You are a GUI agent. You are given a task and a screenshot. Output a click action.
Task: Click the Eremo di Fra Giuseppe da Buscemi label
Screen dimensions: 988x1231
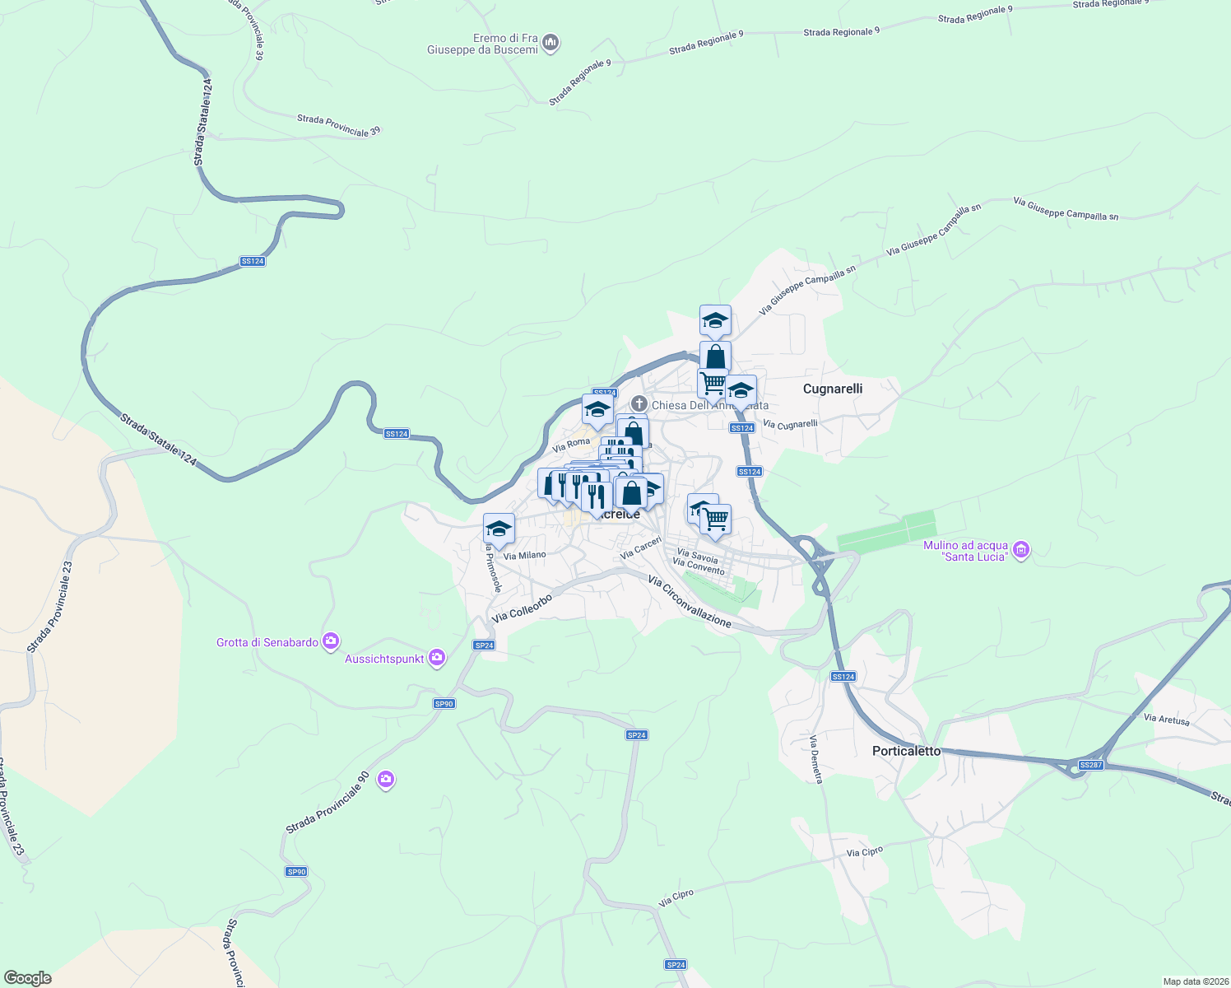(x=482, y=44)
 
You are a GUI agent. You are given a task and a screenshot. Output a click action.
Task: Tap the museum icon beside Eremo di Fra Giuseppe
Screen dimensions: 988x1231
(x=551, y=42)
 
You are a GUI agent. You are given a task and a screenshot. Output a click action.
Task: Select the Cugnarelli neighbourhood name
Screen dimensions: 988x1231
(x=833, y=389)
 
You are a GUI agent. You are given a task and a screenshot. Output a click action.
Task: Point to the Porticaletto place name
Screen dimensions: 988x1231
(x=906, y=751)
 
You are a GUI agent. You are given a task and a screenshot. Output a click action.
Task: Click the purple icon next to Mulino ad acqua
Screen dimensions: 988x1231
(x=1021, y=549)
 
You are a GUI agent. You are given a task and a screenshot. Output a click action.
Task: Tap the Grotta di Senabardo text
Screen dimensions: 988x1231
(x=267, y=642)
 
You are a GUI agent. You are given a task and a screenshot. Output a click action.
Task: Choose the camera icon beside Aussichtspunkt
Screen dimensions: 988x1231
(x=437, y=657)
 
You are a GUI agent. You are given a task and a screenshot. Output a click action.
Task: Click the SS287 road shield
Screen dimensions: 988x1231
(x=1090, y=765)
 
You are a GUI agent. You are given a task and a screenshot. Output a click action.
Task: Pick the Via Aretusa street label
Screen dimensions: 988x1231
(x=1167, y=719)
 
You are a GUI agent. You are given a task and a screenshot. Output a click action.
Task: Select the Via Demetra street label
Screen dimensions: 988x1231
(x=816, y=759)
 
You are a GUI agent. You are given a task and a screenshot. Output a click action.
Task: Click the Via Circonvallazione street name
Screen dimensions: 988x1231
(x=690, y=602)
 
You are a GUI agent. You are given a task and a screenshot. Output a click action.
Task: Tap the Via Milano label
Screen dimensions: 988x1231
(x=524, y=556)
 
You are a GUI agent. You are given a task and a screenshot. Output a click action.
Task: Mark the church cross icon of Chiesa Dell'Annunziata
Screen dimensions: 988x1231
(x=639, y=404)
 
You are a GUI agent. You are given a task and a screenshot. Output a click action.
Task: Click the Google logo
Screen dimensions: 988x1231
(x=28, y=978)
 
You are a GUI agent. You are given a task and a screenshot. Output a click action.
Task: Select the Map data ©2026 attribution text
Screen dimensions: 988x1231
(x=1194, y=981)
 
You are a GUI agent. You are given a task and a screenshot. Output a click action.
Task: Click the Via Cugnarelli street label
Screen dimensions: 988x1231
(x=790, y=424)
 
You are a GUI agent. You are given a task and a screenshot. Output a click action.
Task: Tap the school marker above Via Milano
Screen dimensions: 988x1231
(x=499, y=529)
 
